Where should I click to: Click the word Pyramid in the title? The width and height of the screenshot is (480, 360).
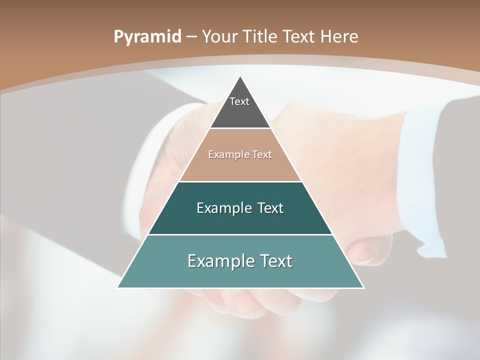pyautogui.click(x=147, y=36)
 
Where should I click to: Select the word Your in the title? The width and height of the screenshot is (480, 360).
pyautogui.click(x=220, y=36)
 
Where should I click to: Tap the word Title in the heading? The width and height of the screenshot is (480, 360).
pyautogui.click(x=260, y=36)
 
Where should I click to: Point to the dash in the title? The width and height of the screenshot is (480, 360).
pyautogui.click(x=191, y=37)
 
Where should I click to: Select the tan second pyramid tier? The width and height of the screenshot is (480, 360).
pyautogui.click(x=240, y=162)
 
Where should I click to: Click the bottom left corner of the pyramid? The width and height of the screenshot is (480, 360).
pyautogui.click(x=118, y=287)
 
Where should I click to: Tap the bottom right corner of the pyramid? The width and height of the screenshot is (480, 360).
pyautogui.click(x=363, y=287)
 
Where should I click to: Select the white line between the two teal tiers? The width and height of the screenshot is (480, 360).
pyautogui.click(x=240, y=234)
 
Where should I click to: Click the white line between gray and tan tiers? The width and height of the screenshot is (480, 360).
pyautogui.click(x=240, y=128)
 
